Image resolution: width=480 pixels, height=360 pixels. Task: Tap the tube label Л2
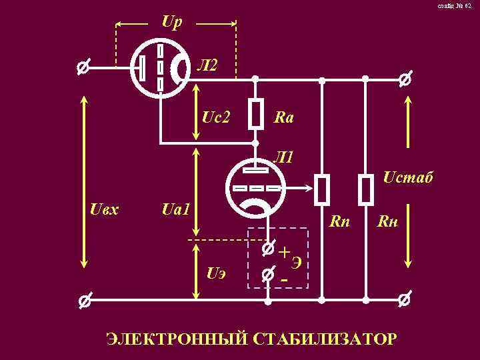[x=207, y=65]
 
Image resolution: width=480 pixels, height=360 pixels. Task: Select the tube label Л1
[x=284, y=158]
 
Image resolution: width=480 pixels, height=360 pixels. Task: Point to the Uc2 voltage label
[x=215, y=117]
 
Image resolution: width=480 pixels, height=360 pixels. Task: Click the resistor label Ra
[x=284, y=118]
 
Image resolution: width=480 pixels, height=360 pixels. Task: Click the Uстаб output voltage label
[x=408, y=178]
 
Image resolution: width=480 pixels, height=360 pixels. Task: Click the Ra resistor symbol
[x=255, y=113]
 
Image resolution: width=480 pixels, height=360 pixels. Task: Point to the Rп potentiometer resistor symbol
[x=323, y=189]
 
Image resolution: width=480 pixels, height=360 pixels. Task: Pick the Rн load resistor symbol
[x=366, y=189]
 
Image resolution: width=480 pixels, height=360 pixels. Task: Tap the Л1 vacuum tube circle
[x=255, y=188]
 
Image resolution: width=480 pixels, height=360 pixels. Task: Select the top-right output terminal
[x=404, y=80]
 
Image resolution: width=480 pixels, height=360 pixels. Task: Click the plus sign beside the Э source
[x=285, y=253]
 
